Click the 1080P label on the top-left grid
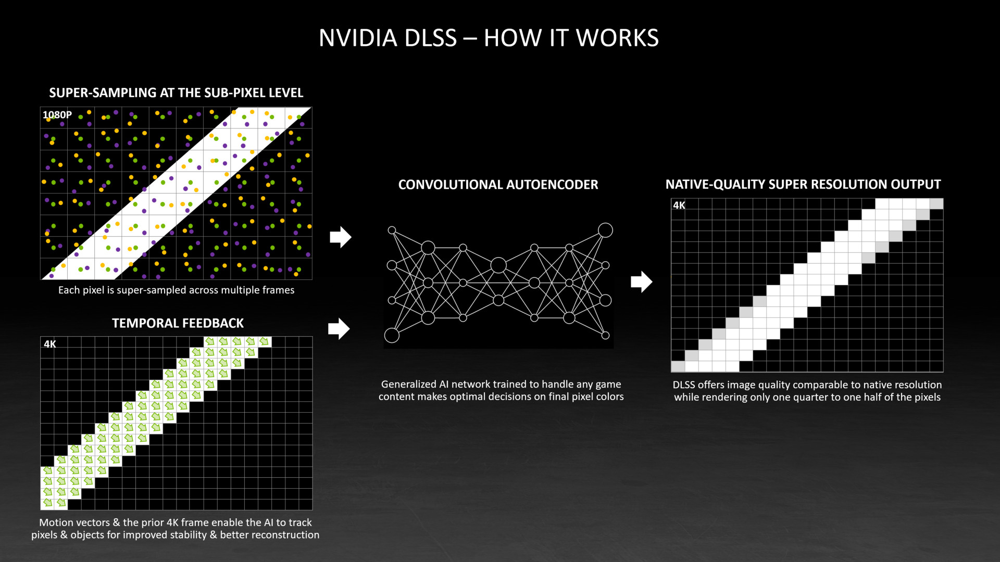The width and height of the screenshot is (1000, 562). pos(57,115)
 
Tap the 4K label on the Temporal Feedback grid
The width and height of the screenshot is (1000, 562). pos(50,344)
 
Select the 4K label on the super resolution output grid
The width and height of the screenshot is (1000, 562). pos(679,206)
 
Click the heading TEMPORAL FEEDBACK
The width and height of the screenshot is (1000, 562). pos(178,323)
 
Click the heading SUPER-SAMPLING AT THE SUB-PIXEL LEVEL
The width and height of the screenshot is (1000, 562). pos(176,93)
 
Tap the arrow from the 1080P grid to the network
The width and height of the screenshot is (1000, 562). pos(341,237)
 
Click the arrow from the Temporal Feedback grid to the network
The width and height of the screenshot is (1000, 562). pos(339,329)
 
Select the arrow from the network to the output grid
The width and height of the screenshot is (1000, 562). pos(642,282)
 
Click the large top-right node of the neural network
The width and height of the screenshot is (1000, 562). pos(605,230)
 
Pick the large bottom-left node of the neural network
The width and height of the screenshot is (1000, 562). pos(392,336)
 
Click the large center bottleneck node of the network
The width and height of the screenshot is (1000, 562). pos(498,265)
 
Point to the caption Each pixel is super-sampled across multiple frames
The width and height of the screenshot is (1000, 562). pos(176,290)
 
